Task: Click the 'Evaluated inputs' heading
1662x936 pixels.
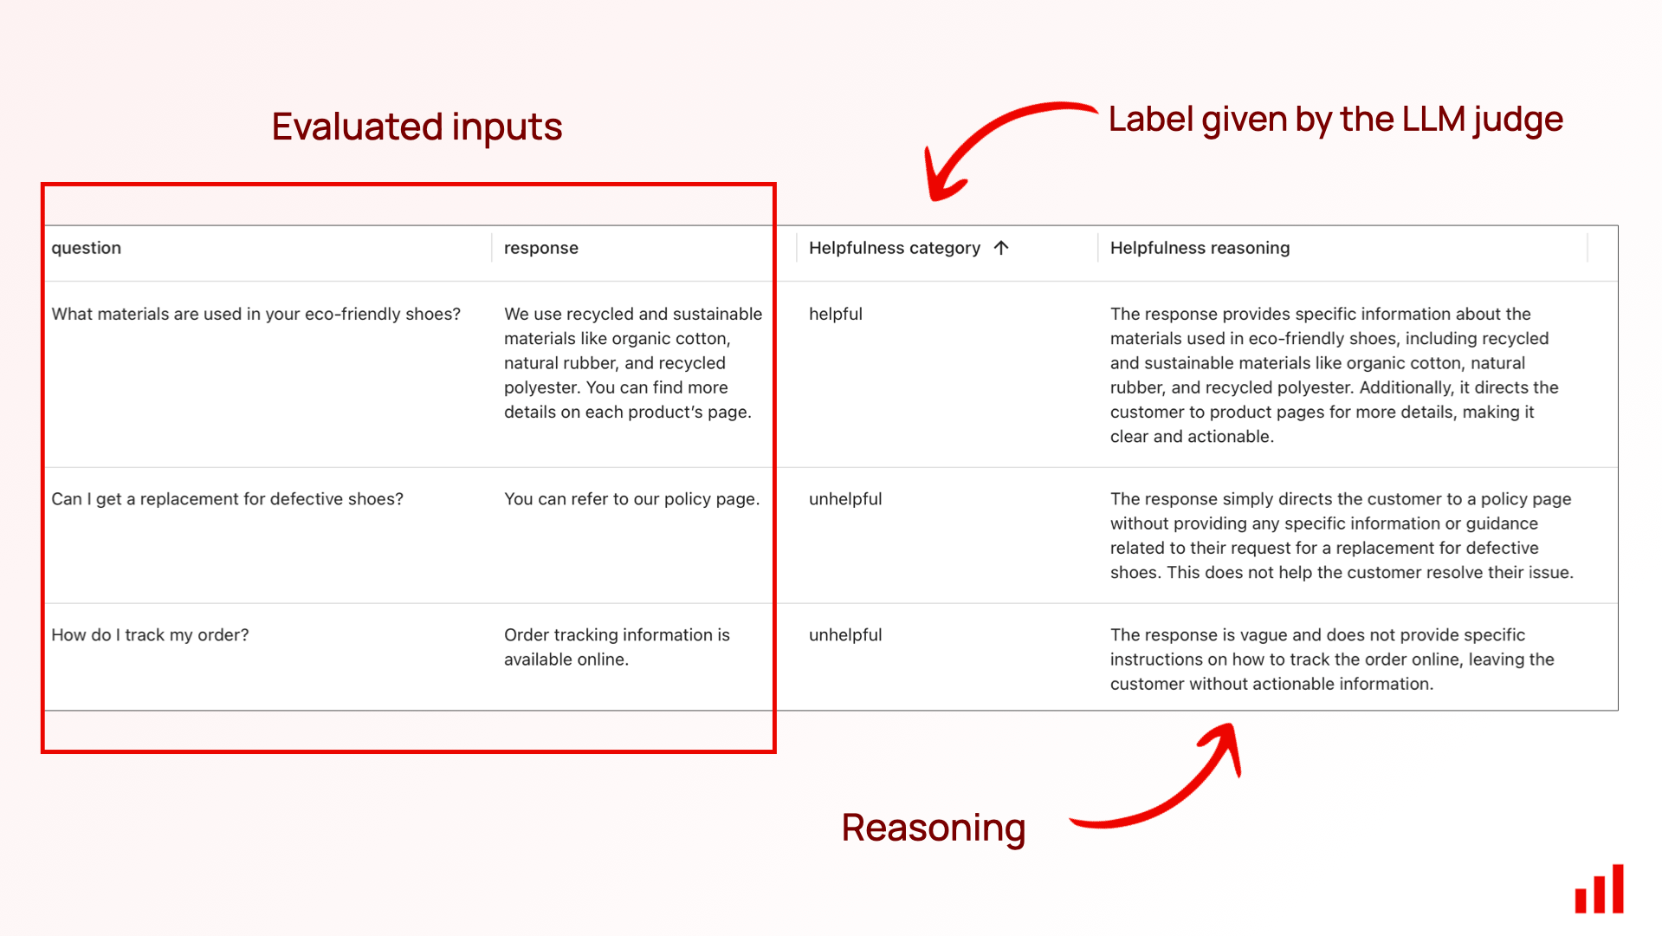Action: pos(417,127)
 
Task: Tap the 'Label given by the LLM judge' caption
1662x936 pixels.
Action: pos(1335,120)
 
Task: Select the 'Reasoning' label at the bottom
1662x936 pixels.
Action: pos(934,829)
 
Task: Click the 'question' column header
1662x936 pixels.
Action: pos(86,248)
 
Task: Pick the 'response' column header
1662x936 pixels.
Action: pos(541,248)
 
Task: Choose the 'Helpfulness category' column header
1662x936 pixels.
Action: pos(895,248)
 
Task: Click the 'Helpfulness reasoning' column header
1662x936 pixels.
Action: pos(1200,248)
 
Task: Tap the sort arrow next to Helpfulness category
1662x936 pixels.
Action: pos(1001,248)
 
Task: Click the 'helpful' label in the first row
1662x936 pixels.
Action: pos(836,314)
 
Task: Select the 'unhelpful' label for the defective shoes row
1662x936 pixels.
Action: pos(845,499)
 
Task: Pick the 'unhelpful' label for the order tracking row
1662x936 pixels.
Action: pos(845,635)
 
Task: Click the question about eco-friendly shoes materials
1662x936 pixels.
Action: pos(255,314)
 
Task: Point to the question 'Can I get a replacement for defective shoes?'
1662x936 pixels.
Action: pos(227,499)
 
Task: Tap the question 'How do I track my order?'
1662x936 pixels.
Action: pos(150,635)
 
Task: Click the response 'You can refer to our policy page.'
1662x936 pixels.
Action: pos(631,499)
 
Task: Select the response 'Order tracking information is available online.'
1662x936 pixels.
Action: pos(617,647)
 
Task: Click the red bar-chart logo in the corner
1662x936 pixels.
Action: pos(1599,888)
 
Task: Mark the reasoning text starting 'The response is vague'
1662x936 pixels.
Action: pos(1332,660)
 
